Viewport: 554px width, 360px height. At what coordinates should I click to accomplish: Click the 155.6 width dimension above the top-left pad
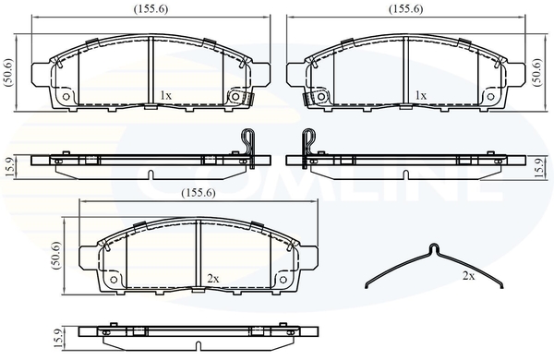coord(151,9)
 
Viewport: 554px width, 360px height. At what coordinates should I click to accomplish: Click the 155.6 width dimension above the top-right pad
coord(406,9)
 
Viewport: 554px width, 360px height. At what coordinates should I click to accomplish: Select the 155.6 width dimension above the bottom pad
coord(199,193)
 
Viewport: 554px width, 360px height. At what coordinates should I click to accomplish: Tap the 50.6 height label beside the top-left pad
coord(8,73)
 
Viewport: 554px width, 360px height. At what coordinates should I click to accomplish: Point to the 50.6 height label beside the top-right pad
coord(537,73)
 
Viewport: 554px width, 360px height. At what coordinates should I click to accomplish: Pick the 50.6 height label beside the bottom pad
coord(56,256)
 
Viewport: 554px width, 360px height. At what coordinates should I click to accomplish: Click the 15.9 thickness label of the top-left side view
coord(9,167)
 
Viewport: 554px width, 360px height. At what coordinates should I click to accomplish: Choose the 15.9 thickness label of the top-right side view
coord(538,167)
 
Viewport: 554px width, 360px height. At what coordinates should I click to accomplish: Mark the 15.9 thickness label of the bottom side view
coord(59,338)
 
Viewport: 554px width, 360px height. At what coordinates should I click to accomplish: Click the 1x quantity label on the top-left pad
coord(165,95)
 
